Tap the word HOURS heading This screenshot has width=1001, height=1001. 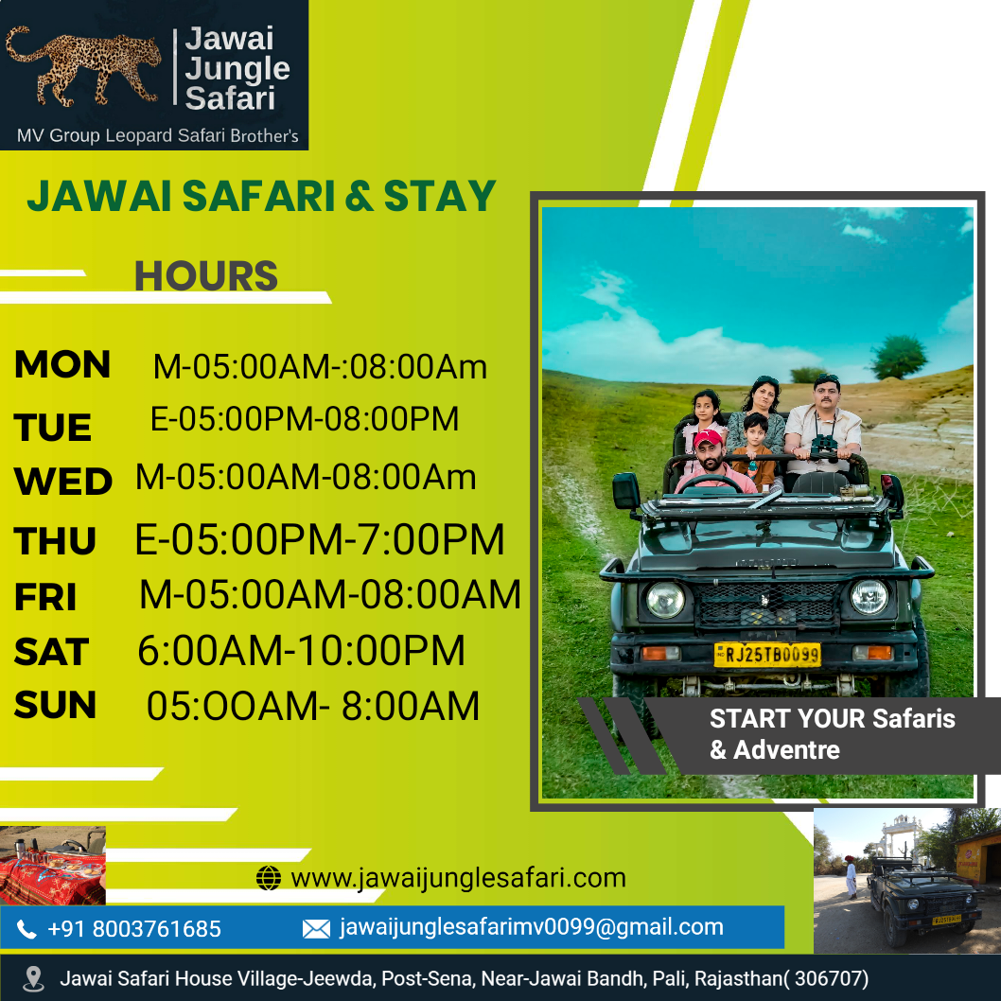pos(206,275)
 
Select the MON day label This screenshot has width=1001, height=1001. pos(62,364)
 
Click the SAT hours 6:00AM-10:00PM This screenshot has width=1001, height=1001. pos(301,651)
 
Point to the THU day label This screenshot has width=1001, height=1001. pos(55,541)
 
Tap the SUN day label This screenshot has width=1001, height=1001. pos(55,705)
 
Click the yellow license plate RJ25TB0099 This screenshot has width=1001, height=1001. pos(766,655)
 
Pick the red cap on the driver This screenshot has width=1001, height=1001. pos(708,438)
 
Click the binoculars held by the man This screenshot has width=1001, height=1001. pos(824,448)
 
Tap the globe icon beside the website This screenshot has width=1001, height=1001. pos(269,878)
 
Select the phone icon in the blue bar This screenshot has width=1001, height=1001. pos(26,929)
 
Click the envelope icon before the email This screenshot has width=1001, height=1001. pos(316,929)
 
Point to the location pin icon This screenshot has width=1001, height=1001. pos(33,979)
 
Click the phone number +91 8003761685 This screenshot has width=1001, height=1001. pos(134,929)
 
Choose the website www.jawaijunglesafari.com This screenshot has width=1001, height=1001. pos(458,878)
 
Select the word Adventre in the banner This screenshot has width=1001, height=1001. pos(786,750)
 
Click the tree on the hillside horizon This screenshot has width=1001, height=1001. pos(899,357)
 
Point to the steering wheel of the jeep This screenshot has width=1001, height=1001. pos(710,483)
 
